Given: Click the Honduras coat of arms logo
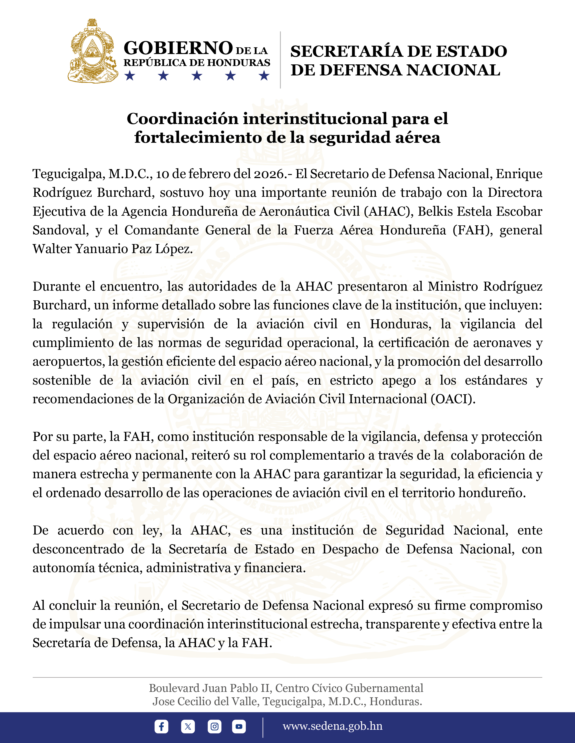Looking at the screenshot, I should tap(93, 51).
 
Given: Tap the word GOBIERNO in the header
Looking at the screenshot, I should tap(178, 48).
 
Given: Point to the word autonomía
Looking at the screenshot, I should tap(63, 568).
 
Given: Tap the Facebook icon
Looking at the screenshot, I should tap(161, 726).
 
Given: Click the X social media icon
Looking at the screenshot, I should tap(188, 726).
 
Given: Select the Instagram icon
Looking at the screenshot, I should tap(214, 726).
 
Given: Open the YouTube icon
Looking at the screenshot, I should tap(239, 726).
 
